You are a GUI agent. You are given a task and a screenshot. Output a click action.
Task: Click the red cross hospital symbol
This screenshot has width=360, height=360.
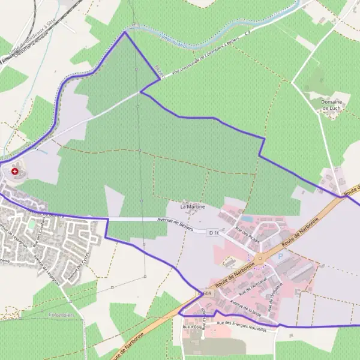pos(14,172)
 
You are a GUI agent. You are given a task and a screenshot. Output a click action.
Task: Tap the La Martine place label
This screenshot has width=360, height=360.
pos(193,206)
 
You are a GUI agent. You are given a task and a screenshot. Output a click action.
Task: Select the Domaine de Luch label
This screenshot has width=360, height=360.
pos(332,106)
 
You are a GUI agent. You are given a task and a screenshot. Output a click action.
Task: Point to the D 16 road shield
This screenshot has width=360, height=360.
pos(214,232)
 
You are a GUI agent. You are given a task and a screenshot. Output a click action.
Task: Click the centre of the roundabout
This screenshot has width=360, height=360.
pos(259,259)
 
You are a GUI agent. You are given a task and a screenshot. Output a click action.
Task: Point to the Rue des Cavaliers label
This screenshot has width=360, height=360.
pos(40,235)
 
